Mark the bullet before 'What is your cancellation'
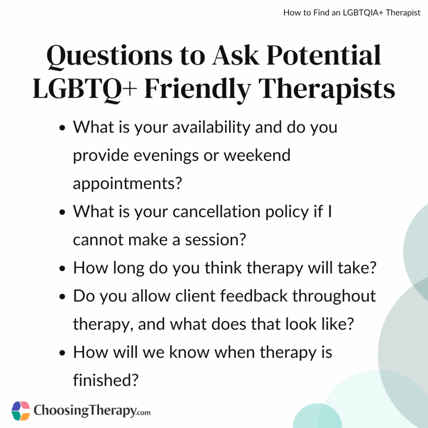click(63, 212)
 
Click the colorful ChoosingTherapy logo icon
click(21, 411)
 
